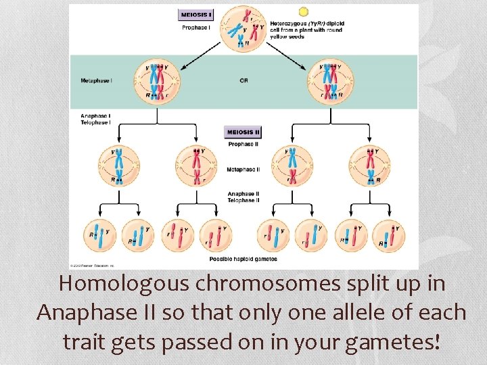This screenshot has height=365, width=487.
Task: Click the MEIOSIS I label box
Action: tap(195, 14)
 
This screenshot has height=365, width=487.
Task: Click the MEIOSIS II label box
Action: tap(242, 132)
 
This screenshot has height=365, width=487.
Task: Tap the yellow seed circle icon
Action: tap(304, 11)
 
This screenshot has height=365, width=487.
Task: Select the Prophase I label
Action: tap(195, 28)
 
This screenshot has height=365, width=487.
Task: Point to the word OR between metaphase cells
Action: tap(243, 80)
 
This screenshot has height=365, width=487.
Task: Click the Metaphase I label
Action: tap(96, 80)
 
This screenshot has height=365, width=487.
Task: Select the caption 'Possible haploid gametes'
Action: tap(243, 259)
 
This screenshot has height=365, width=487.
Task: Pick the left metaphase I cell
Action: tap(157, 81)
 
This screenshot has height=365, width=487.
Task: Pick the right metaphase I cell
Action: tap(331, 81)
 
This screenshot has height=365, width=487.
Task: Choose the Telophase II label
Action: tap(241, 201)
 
